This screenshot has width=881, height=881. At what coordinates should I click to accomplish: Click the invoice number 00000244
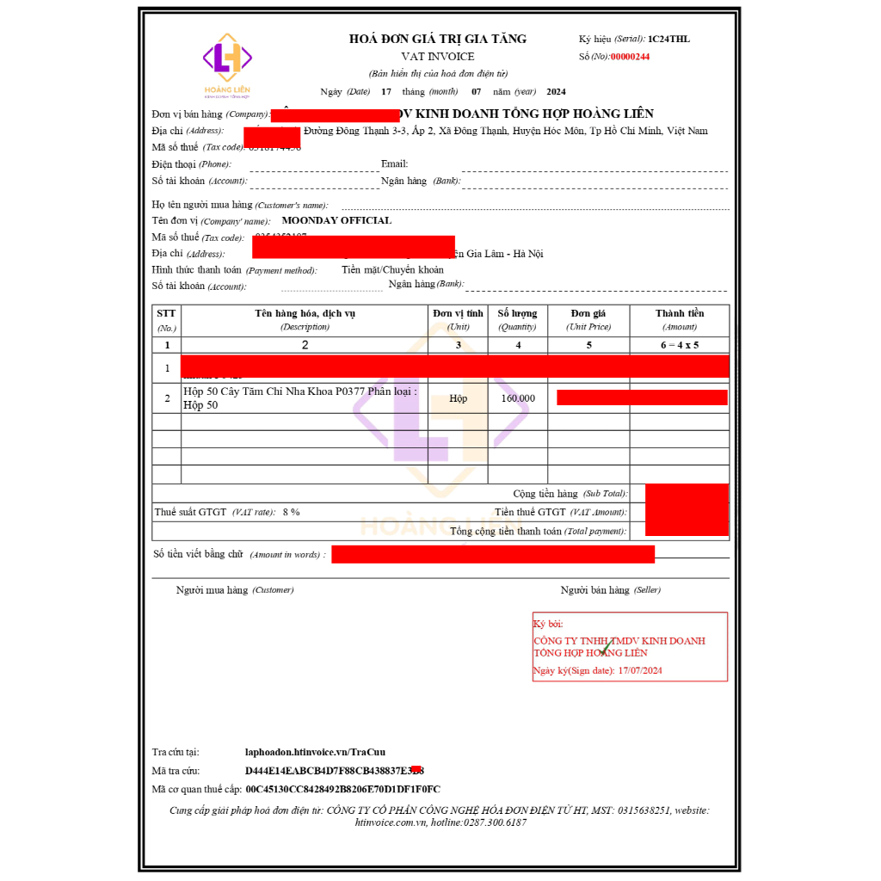(x=630, y=57)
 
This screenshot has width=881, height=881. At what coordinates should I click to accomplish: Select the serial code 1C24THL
(x=668, y=39)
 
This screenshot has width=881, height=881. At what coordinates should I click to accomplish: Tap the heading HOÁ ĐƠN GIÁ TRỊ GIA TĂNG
(x=437, y=39)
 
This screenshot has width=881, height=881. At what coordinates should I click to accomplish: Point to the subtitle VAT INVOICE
(x=437, y=56)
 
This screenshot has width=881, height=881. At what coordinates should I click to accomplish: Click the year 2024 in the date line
(x=556, y=91)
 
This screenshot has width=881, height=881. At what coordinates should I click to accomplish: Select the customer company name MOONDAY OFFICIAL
(x=336, y=220)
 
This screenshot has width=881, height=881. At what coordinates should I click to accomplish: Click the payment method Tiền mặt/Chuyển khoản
(x=392, y=269)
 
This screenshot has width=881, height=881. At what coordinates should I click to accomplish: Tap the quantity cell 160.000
(x=517, y=398)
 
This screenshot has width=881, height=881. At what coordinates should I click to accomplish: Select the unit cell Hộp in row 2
(x=458, y=398)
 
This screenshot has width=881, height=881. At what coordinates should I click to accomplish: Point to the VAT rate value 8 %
(x=291, y=512)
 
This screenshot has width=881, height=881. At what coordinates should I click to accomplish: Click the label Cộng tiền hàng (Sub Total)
(x=569, y=494)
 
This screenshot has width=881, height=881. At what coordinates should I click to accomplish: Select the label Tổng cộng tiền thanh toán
(x=538, y=532)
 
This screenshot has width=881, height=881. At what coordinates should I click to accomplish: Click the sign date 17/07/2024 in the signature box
(x=640, y=670)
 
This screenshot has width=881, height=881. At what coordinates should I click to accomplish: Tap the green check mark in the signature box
(x=607, y=646)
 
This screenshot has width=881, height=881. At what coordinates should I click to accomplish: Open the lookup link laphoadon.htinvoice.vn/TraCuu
(x=315, y=752)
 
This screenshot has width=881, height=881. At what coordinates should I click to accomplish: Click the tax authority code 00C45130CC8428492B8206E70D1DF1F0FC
(x=342, y=789)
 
